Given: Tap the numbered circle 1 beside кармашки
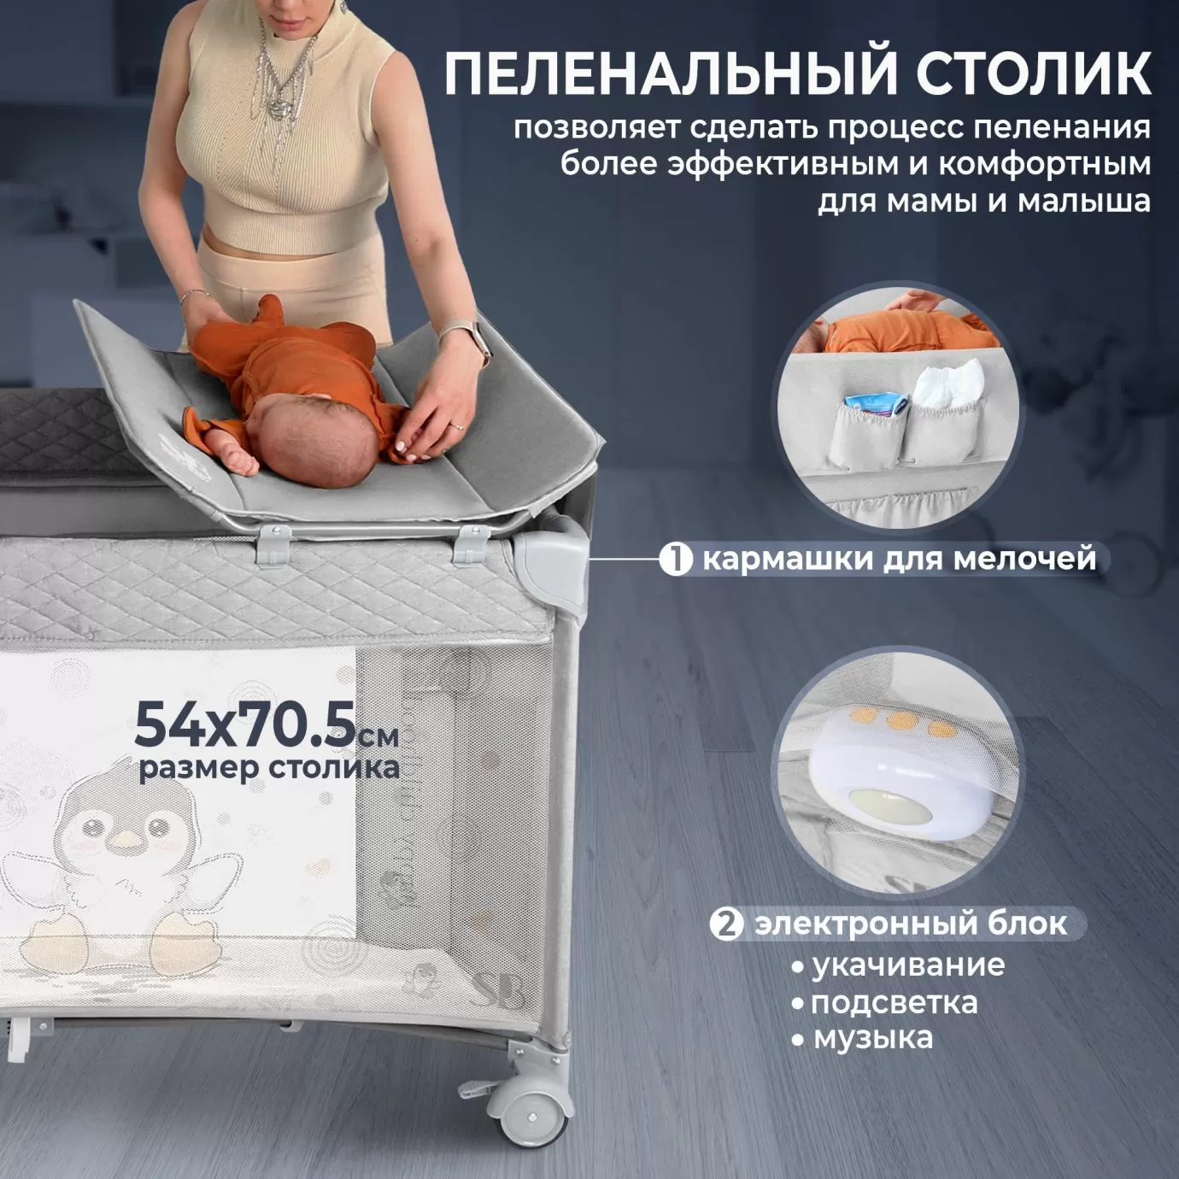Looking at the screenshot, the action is click(676, 560).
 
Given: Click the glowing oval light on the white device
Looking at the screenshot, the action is click(889, 808).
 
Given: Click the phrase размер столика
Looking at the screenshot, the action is click(269, 768).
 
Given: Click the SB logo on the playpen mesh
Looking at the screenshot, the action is click(499, 993).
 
